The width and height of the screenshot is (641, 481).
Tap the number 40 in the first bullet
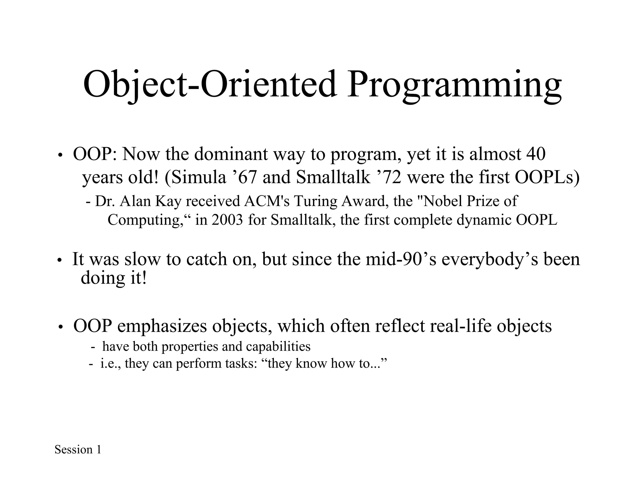tap(536, 154)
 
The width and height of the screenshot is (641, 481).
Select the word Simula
tap(199, 177)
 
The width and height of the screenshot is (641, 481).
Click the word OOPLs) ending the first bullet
tap(547, 177)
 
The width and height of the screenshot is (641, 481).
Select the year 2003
tap(227, 220)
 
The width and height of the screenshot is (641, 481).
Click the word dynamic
tap(484, 220)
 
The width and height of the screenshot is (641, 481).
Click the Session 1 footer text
tap(78, 450)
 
